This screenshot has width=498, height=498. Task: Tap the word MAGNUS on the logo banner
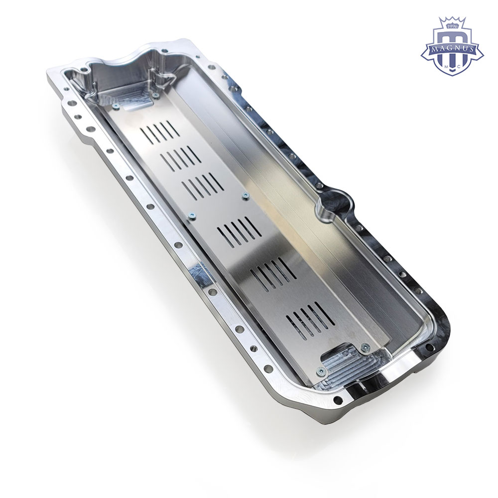pos(452,49)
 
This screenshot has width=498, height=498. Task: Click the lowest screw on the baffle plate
pos(321,371)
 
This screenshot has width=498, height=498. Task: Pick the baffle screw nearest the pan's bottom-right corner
pos(366,348)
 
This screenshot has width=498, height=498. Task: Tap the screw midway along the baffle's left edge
pos(192,216)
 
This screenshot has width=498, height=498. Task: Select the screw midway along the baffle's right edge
pos(245,196)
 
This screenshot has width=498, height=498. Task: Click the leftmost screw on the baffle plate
pos(116,107)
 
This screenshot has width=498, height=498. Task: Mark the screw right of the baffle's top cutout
pos(154,95)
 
